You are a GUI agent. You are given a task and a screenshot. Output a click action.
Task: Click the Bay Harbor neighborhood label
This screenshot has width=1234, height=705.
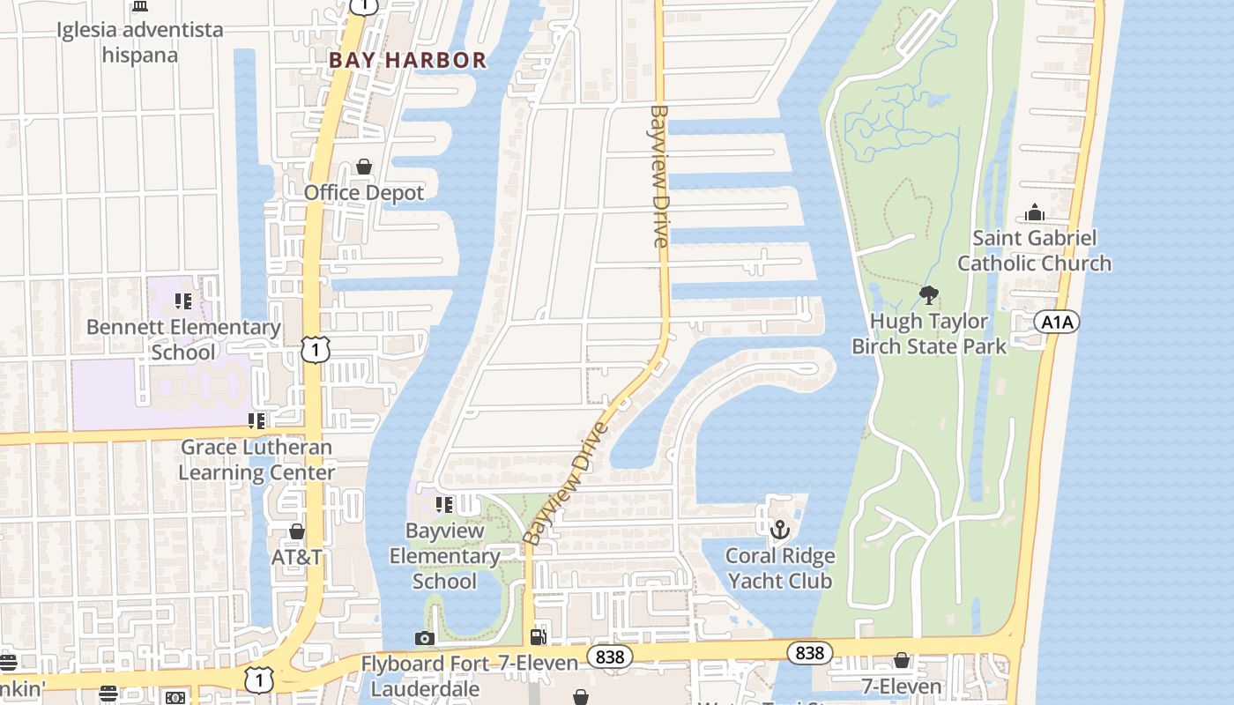(407, 60)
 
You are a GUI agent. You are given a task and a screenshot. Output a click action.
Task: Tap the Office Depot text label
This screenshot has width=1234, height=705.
(364, 192)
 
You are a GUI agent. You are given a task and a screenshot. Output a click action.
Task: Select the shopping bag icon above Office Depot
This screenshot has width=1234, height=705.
(363, 167)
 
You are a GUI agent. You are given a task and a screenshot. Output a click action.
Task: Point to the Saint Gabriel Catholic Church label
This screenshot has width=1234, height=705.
(1034, 250)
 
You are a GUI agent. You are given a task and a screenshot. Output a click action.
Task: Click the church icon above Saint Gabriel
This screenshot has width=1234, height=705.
(1035, 212)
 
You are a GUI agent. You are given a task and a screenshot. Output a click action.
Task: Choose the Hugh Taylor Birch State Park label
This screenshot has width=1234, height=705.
(928, 334)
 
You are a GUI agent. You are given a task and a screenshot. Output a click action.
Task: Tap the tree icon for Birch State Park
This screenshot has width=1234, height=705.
(928, 295)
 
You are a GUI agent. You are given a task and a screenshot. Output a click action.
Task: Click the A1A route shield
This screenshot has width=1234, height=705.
(1057, 322)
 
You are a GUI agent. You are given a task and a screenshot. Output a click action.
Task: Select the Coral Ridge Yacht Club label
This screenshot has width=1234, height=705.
(780, 568)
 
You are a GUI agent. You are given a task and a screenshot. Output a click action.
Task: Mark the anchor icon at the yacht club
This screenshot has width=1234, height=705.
(779, 530)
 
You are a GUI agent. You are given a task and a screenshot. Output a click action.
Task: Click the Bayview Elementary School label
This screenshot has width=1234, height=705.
(444, 556)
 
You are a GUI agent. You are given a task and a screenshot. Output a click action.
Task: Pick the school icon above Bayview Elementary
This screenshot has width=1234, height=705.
(444, 505)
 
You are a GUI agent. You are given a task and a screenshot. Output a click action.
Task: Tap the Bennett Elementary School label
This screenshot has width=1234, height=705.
(183, 339)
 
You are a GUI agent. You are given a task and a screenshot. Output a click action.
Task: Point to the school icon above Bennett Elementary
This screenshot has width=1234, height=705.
(183, 301)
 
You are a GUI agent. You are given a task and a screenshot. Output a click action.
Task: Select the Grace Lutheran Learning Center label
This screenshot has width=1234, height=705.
(256, 459)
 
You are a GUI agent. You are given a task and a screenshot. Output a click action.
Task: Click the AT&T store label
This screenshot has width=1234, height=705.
(296, 558)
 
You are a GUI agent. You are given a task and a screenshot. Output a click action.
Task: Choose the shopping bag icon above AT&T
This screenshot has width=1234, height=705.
(297, 531)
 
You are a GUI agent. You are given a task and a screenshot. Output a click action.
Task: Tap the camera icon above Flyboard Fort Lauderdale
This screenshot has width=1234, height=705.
(425, 638)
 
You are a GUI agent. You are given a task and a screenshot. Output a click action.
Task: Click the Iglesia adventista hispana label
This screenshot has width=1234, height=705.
(140, 42)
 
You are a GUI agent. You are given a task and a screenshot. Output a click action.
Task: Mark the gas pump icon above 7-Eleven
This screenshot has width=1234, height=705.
(538, 636)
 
